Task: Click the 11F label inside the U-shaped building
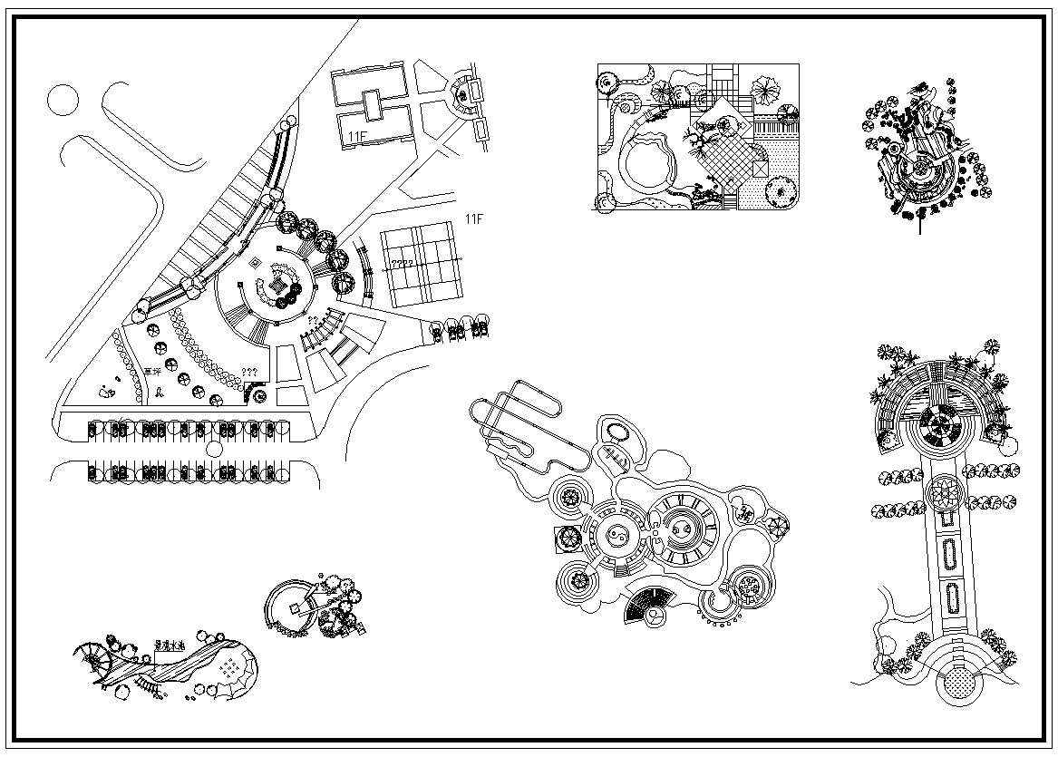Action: click(358, 136)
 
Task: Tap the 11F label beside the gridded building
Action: click(472, 219)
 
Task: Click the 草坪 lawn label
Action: click(151, 372)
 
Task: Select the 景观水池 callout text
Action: click(169, 645)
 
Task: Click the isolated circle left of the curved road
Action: click(63, 99)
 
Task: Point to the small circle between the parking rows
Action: click(214, 449)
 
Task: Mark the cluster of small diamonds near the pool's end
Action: click(232, 668)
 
